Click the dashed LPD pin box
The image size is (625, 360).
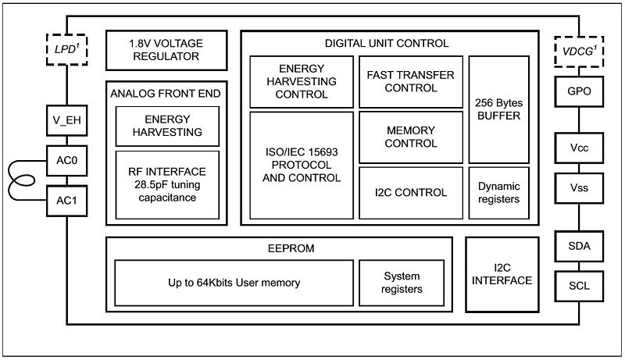coord(66,49)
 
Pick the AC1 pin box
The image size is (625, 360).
coord(66,201)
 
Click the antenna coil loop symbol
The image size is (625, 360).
coord(23,180)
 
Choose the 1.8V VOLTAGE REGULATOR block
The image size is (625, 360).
coord(166,49)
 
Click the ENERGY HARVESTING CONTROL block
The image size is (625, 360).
coord(302,81)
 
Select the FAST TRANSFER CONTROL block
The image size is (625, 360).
coord(411,81)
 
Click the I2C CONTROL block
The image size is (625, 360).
coord(411,192)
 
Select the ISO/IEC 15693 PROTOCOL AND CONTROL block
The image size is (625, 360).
coord(302,165)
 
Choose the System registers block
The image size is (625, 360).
coord(402,282)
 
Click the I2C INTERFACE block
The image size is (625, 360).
coord(502,273)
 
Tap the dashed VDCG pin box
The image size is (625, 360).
coord(579,49)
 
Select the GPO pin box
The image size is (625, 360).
coord(579,91)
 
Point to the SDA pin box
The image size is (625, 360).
coord(579,247)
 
